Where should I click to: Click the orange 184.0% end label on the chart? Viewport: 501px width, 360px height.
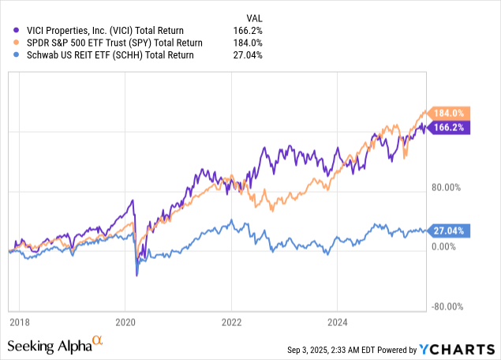coord(451,113)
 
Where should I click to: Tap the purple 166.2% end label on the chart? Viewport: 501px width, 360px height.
coord(451,126)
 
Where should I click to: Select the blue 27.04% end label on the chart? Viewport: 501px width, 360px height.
coord(451,231)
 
